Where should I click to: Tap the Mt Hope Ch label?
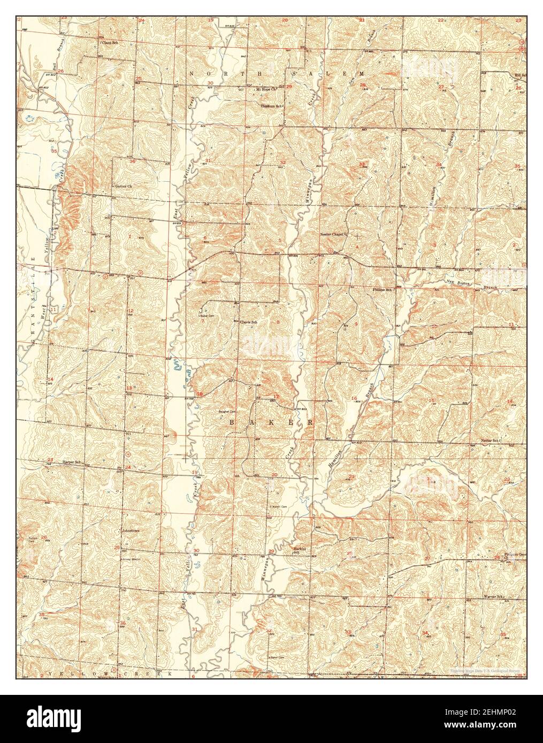pos(266,89)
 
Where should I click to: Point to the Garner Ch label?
pos(123,187)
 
